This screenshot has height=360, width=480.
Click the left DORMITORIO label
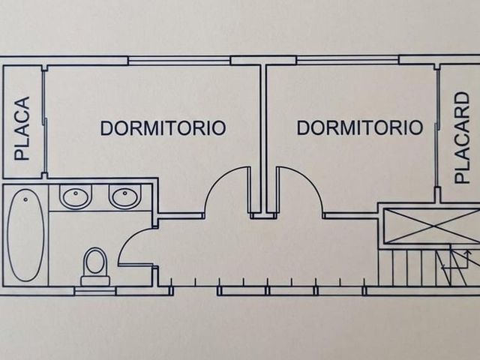click(x=163, y=128)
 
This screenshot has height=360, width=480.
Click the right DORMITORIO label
click(x=360, y=127)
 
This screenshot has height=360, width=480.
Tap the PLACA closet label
click(x=22, y=128)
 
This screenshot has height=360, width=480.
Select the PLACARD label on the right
click(x=462, y=138)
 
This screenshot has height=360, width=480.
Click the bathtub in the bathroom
click(x=25, y=235)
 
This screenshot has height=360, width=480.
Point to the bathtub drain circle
click(x=25, y=199)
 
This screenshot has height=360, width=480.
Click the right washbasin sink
click(x=125, y=196)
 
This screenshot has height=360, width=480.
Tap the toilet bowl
click(x=95, y=262)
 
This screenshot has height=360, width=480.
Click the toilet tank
click(x=95, y=281)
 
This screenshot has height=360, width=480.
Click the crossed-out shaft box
click(x=432, y=226)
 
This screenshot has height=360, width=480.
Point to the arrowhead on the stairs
click(x=467, y=253)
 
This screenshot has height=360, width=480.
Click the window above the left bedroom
click(x=179, y=61)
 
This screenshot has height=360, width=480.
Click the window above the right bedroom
click(x=348, y=60)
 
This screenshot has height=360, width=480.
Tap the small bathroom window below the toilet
click(x=95, y=291)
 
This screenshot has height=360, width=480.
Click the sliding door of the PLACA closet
click(x=45, y=121)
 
